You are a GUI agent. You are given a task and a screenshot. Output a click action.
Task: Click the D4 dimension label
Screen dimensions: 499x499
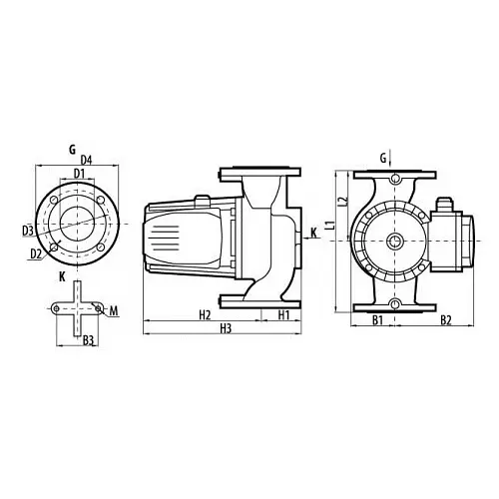[86, 161]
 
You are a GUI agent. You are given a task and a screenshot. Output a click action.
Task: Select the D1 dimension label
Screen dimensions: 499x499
[79, 174]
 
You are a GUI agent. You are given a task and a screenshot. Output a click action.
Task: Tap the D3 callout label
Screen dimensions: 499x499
[28, 231]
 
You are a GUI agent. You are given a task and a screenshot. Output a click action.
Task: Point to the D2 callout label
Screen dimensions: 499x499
[36, 253]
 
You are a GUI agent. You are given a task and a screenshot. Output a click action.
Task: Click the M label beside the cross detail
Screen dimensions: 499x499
[114, 311]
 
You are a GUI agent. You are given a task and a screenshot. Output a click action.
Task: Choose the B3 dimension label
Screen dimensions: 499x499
[88, 340]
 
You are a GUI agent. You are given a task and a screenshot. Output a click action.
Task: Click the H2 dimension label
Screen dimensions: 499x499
[205, 314]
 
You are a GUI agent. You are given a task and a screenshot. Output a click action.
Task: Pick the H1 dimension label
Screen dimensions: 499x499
[283, 314]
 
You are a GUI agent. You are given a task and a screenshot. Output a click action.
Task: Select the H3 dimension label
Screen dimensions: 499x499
[226, 328]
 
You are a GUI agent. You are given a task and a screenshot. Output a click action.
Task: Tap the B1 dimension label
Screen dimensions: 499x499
[377, 320]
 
